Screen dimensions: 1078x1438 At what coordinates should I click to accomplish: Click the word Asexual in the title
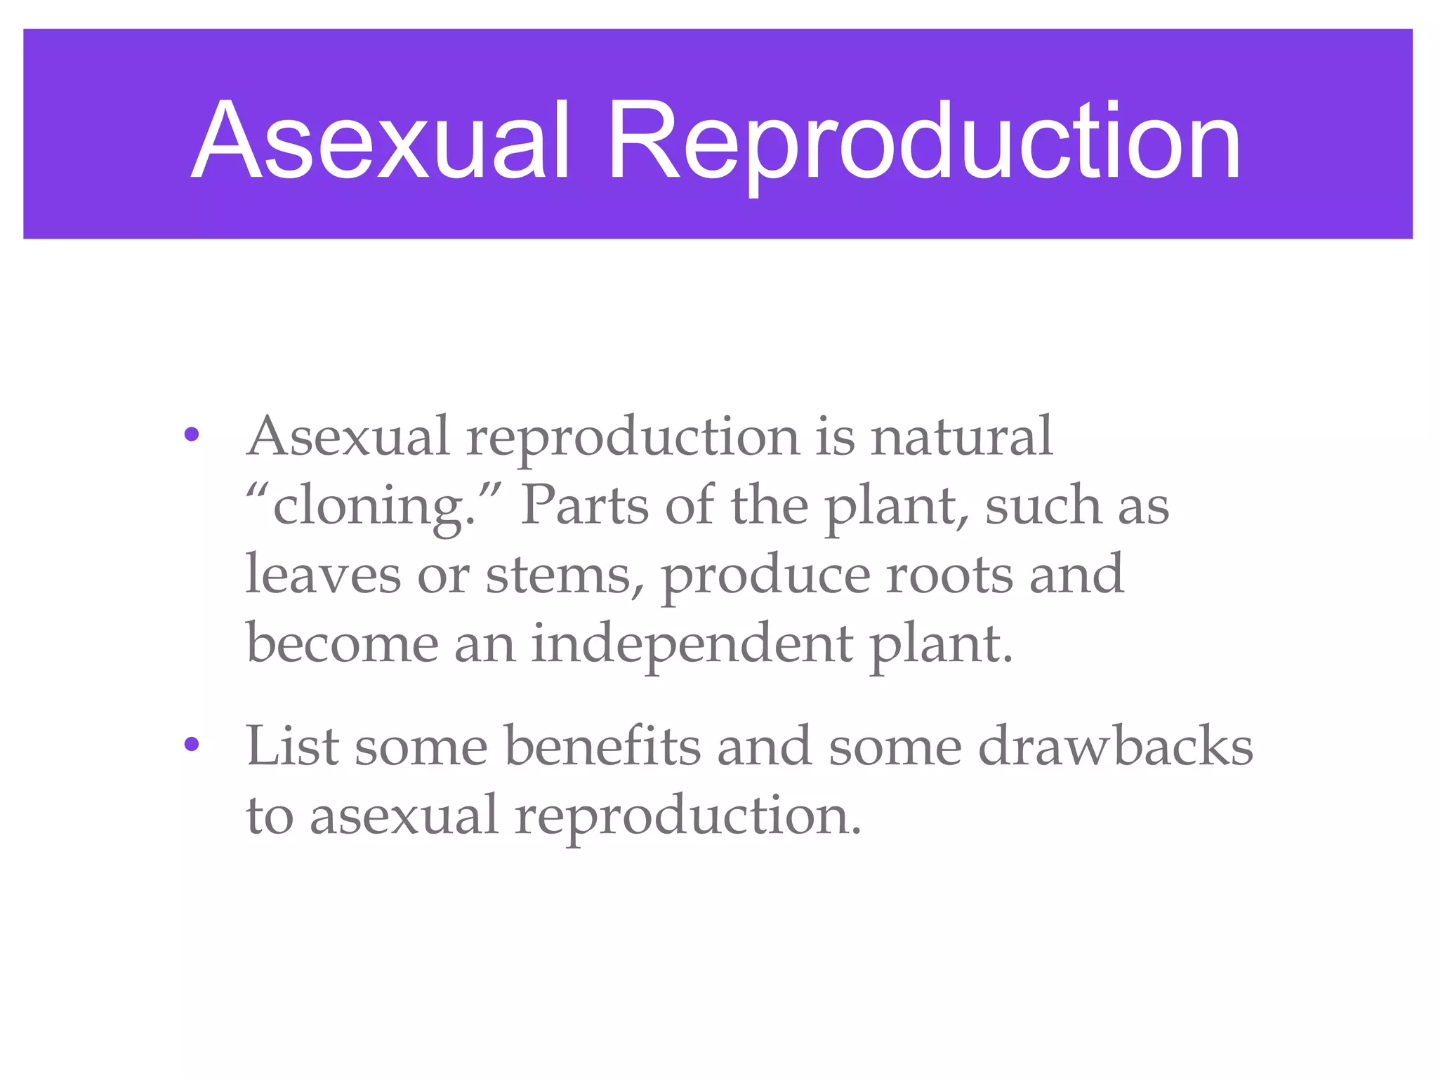(x=379, y=140)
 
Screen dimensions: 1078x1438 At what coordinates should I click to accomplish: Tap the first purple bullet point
(x=191, y=436)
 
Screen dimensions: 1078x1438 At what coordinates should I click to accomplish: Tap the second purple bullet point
(x=191, y=745)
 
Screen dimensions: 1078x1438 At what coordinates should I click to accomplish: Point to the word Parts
(x=584, y=505)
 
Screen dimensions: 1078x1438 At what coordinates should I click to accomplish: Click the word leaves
(x=323, y=574)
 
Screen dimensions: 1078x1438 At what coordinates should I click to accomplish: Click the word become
(x=342, y=643)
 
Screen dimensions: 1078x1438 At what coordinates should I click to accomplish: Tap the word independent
(x=692, y=644)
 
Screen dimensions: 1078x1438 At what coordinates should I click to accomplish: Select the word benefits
(x=602, y=745)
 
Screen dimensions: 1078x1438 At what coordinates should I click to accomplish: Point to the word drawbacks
(x=1115, y=745)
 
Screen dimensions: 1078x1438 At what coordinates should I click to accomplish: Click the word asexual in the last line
(x=404, y=816)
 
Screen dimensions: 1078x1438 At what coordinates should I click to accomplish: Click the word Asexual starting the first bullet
(x=348, y=437)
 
